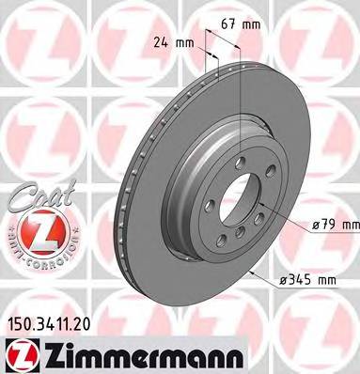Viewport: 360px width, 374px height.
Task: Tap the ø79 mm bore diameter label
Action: pyautogui.click(x=333, y=224)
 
